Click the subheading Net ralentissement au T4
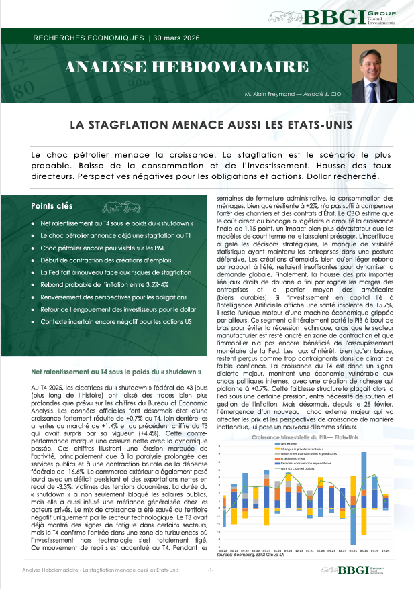(x=117, y=371)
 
